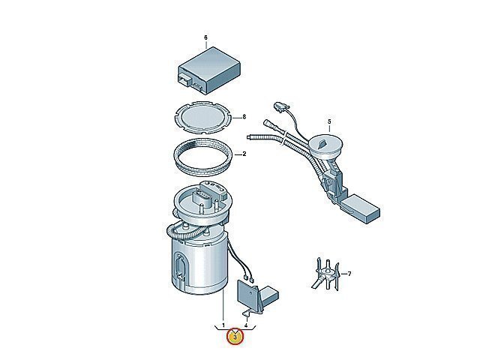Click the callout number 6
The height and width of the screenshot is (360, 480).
[x=205, y=37]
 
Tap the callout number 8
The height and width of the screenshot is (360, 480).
[x=244, y=117]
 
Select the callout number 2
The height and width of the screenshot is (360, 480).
[x=244, y=154]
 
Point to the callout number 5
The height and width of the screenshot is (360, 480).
[x=329, y=121]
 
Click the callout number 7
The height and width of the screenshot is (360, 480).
[x=349, y=273]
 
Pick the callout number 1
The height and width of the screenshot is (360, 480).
[x=223, y=325]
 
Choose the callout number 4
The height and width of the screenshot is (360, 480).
[x=246, y=325]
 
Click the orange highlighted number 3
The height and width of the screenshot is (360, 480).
[x=235, y=337]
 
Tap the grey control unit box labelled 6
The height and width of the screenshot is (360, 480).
[x=209, y=70]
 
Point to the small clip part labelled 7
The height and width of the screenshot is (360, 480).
[x=326, y=274]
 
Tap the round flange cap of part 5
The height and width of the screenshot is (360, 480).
[x=325, y=145]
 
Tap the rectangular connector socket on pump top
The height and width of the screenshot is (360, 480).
[x=202, y=199]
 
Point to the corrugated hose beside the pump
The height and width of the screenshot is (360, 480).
[x=184, y=232]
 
